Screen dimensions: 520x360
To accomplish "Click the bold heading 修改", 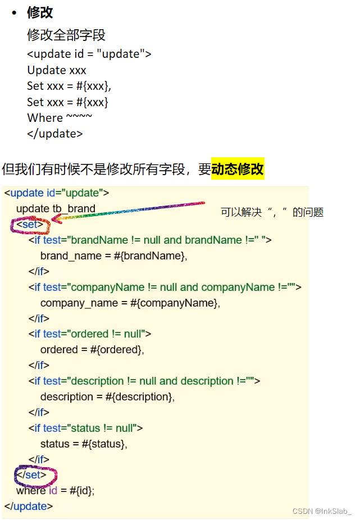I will coord(40,12).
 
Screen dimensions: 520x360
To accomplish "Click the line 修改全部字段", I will coord(66,35).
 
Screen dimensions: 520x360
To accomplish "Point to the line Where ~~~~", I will coord(60,118).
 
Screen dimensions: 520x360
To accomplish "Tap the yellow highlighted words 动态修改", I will coord(238,168).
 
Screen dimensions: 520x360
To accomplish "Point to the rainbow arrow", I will coord(129,213).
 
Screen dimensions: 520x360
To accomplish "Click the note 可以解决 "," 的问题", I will coord(272,212).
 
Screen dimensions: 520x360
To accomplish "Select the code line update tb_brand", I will coord(56,209).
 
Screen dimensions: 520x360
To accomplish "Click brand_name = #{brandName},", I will coord(113,256).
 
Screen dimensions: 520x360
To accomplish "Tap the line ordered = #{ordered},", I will coord(92,350).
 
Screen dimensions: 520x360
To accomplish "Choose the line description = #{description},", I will coord(107,397).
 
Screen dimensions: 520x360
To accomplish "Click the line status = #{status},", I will coord(84,444).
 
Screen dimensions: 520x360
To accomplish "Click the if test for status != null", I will coord(86,428).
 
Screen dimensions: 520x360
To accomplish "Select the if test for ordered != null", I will coord(90,334).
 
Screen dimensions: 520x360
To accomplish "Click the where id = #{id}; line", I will coord(56,491).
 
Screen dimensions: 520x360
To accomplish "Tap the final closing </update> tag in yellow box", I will coord(29,507).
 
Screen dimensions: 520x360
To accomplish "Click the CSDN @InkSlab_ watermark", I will coord(322,511).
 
